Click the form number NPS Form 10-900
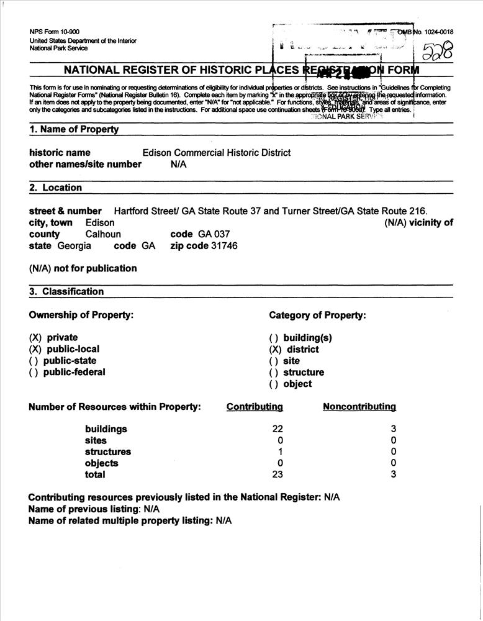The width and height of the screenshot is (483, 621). tap(54, 32)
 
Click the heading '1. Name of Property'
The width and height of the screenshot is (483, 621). tap(74, 130)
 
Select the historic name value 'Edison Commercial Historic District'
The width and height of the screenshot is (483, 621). tap(216, 153)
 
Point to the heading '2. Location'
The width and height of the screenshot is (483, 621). tap(56, 188)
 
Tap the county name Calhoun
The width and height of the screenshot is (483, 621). tap(103, 234)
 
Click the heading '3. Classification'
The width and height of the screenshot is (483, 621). tap(66, 291)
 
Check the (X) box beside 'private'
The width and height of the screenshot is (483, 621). tap(35, 338)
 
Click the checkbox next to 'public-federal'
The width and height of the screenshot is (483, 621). tap(35, 373)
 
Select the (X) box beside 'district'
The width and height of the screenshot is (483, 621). tap(276, 350)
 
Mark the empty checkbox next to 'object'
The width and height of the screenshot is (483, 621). tap(276, 384)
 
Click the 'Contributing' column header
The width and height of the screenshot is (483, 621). tap(255, 407)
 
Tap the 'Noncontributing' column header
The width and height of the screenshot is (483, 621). tap(359, 407)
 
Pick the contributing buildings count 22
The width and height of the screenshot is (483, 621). tap(278, 429)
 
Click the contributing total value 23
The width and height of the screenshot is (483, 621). tap(278, 475)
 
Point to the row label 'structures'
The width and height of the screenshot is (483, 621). tap(108, 452)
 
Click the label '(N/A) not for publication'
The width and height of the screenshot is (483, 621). tap(83, 268)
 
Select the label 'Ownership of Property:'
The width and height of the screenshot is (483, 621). tap(81, 315)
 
